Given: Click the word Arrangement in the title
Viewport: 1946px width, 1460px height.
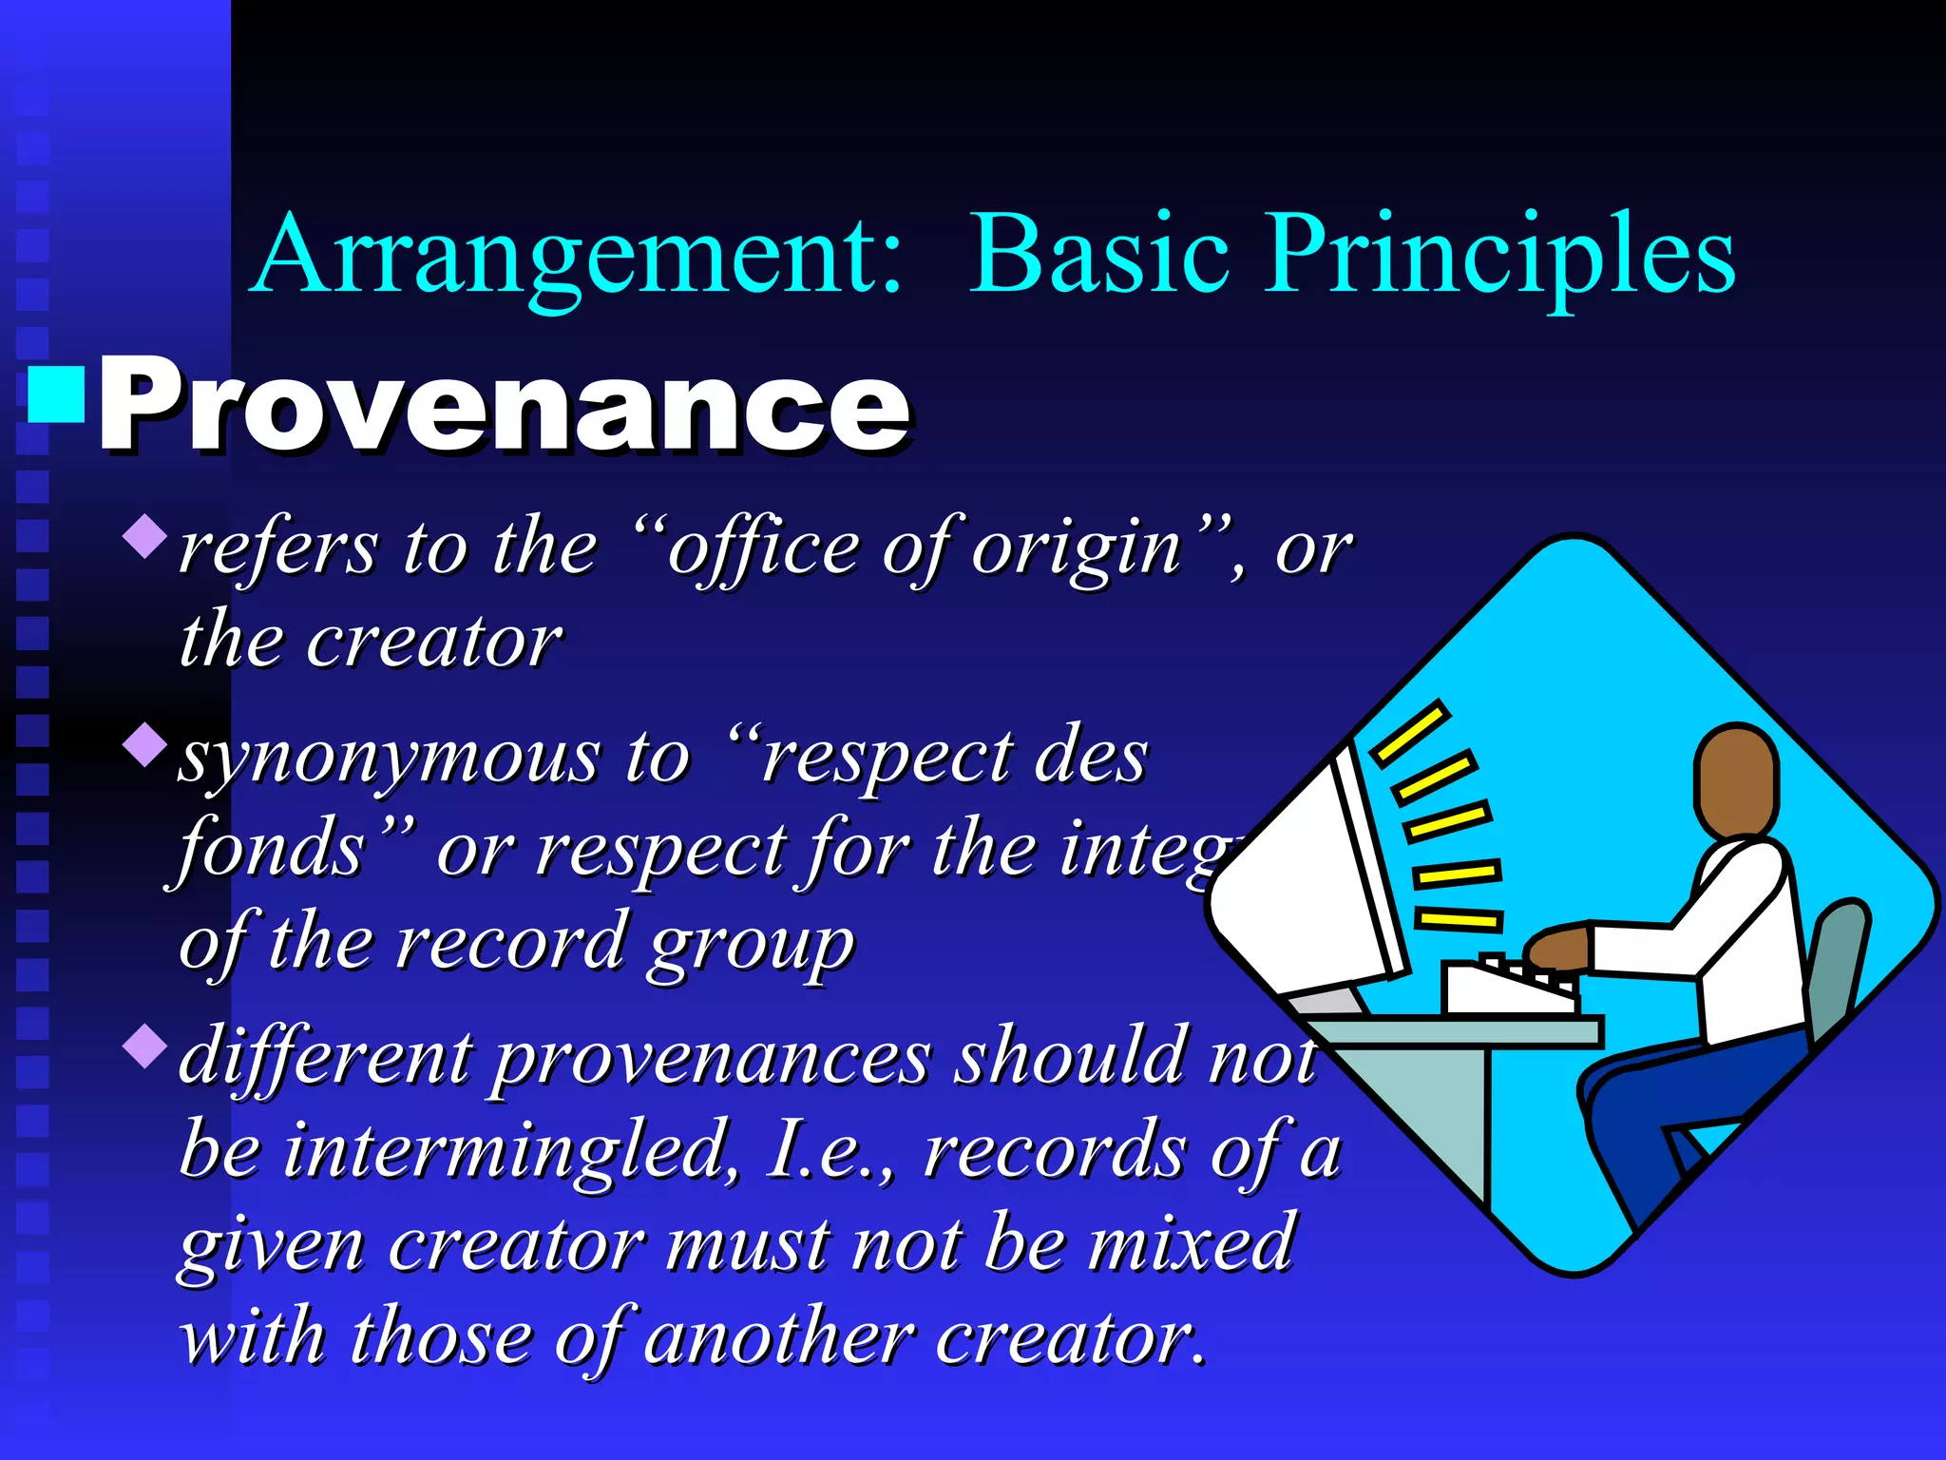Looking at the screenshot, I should click(578, 255).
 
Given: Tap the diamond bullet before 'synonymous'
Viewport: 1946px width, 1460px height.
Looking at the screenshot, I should click(145, 744).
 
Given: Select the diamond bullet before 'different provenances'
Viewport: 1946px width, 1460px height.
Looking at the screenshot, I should click(145, 1045).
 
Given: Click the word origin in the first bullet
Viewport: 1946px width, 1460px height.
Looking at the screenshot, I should click(1077, 549).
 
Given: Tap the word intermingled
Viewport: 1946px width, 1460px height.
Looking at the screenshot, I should click(508, 1150).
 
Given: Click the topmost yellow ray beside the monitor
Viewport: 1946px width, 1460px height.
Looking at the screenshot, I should click(1412, 732).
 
